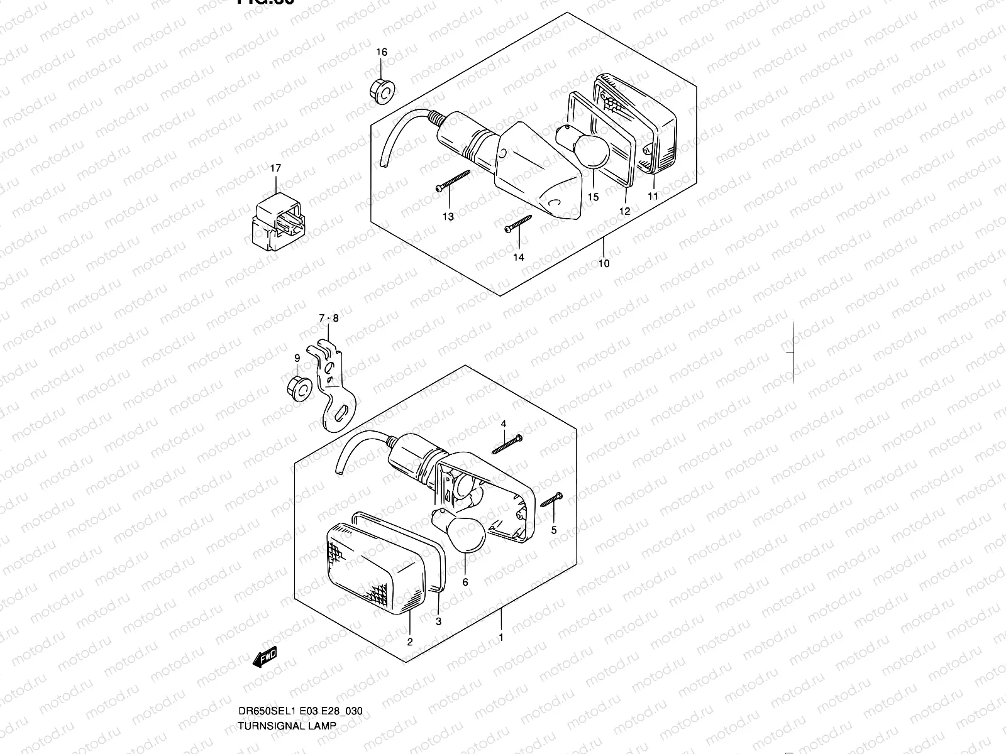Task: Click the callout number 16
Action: (x=382, y=52)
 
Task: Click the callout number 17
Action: (x=276, y=168)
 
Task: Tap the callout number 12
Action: (x=624, y=212)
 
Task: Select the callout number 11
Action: (x=653, y=197)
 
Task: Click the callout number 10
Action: (x=604, y=264)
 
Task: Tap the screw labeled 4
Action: (x=508, y=445)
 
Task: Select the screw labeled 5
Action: (x=550, y=500)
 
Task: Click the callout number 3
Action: (x=439, y=621)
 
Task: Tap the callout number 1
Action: (x=501, y=638)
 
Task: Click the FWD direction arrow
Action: (x=265, y=657)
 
